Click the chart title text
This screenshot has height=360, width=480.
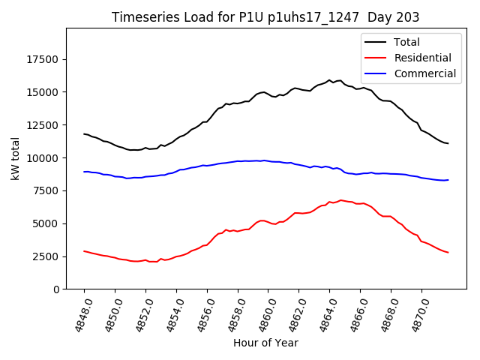click(x=265, y=17)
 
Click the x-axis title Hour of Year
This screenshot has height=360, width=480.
click(x=265, y=343)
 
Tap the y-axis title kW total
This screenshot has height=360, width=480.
click(x=15, y=158)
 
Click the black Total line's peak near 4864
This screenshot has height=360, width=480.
click(x=329, y=80)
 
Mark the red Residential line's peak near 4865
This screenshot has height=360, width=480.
click(x=341, y=200)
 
